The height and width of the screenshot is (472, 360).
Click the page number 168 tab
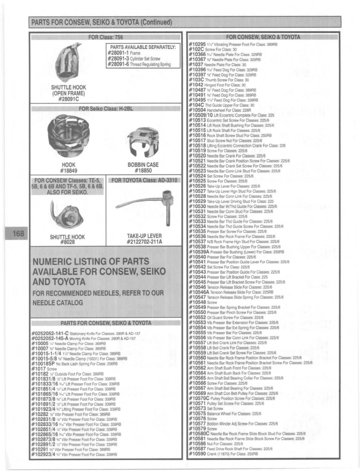(x=18, y=233)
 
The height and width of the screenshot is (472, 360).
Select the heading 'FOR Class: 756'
(x=105, y=37)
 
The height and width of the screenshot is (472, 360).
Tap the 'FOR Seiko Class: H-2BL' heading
(x=106, y=109)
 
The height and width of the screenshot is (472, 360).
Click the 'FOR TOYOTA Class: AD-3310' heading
(x=144, y=180)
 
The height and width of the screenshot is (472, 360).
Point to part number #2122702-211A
(x=144, y=242)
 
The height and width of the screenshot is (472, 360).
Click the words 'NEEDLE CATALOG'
(x=58, y=303)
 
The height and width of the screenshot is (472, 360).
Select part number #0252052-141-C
(x=50, y=333)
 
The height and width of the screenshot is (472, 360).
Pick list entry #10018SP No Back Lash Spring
(x=74, y=364)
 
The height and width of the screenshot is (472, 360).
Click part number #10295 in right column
(x=197, y=44)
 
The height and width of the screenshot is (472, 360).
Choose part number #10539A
(x=199, y=252)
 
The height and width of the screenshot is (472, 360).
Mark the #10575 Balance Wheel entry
(x=225, y=413)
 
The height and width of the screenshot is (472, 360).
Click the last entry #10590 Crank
(x=223, y=454)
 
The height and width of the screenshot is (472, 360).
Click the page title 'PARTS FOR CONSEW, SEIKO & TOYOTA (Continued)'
(x=101, y=22)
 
